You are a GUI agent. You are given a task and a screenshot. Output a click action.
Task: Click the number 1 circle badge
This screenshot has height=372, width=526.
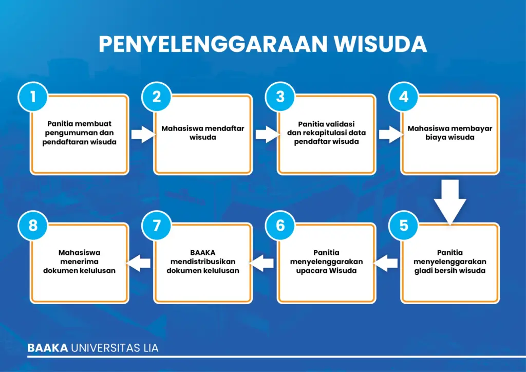tap(33, 97)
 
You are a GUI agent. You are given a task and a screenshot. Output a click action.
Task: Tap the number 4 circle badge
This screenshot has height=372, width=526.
tap(404, 97)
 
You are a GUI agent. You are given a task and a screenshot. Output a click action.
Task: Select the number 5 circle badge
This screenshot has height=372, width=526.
tap(404, 226)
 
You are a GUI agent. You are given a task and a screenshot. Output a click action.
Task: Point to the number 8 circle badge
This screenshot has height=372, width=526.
tap(33, 226)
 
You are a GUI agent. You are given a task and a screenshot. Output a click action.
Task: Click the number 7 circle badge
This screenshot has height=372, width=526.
tap(157, 226)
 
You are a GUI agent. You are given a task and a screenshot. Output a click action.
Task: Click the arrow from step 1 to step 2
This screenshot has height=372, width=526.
tap(144, 135)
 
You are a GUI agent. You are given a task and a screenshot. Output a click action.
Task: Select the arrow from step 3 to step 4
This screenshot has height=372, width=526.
tap(391, 135)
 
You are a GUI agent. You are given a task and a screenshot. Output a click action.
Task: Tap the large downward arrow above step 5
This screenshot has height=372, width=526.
tap(450, 201)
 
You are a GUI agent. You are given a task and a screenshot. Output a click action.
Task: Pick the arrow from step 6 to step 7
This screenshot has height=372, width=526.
tap(261, 263)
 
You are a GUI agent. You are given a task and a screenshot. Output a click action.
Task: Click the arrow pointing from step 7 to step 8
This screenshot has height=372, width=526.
tap(138, 263)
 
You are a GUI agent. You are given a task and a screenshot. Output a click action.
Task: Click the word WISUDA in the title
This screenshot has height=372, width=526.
tap(381, 44)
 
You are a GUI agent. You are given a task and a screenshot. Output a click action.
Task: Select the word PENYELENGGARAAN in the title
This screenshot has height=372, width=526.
tap(213, 44)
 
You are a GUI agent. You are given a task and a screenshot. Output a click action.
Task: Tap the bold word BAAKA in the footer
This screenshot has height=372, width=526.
tap(48, 348)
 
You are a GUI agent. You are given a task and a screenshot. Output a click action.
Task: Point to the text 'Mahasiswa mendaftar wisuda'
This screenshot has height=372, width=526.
tap(202, 133)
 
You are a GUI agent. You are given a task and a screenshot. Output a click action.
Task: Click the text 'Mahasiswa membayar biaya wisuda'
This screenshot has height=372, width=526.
tap(450, 133)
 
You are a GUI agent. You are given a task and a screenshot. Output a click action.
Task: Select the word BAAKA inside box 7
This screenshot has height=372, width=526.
tap(202, 253)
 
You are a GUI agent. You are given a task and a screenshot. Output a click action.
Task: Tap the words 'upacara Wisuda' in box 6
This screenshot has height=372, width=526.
tap(326, 271)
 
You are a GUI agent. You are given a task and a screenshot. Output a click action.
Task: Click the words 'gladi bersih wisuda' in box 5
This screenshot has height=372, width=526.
tap(450, 271)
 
